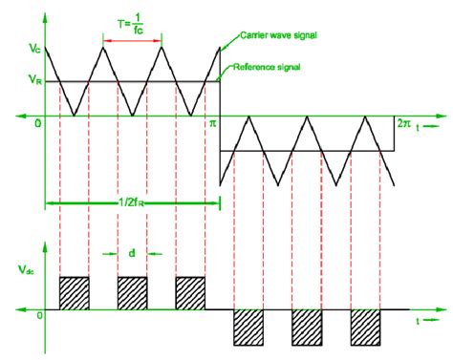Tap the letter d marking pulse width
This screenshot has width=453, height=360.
[132, 253]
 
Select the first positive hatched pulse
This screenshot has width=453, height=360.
[74, 292]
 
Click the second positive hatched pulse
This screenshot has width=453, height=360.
[133, 292]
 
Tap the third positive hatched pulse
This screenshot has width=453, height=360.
[190, 292]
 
